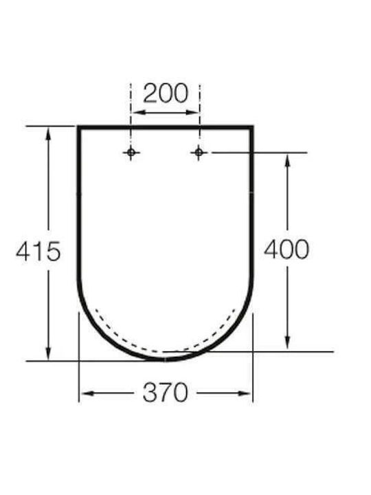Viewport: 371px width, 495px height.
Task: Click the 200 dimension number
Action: (166, 93)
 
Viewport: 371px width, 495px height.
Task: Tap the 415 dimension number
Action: (38, 252)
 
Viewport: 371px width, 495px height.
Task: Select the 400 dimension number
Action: (286, 250)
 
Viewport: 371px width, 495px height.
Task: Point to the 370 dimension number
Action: (166, 393)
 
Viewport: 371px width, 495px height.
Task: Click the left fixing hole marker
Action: (131, 153)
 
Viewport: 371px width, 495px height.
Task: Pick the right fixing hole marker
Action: (199, 153)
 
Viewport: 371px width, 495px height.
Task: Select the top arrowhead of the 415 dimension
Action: (48, 134)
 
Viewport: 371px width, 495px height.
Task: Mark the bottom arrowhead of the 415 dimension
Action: (48, 352)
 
